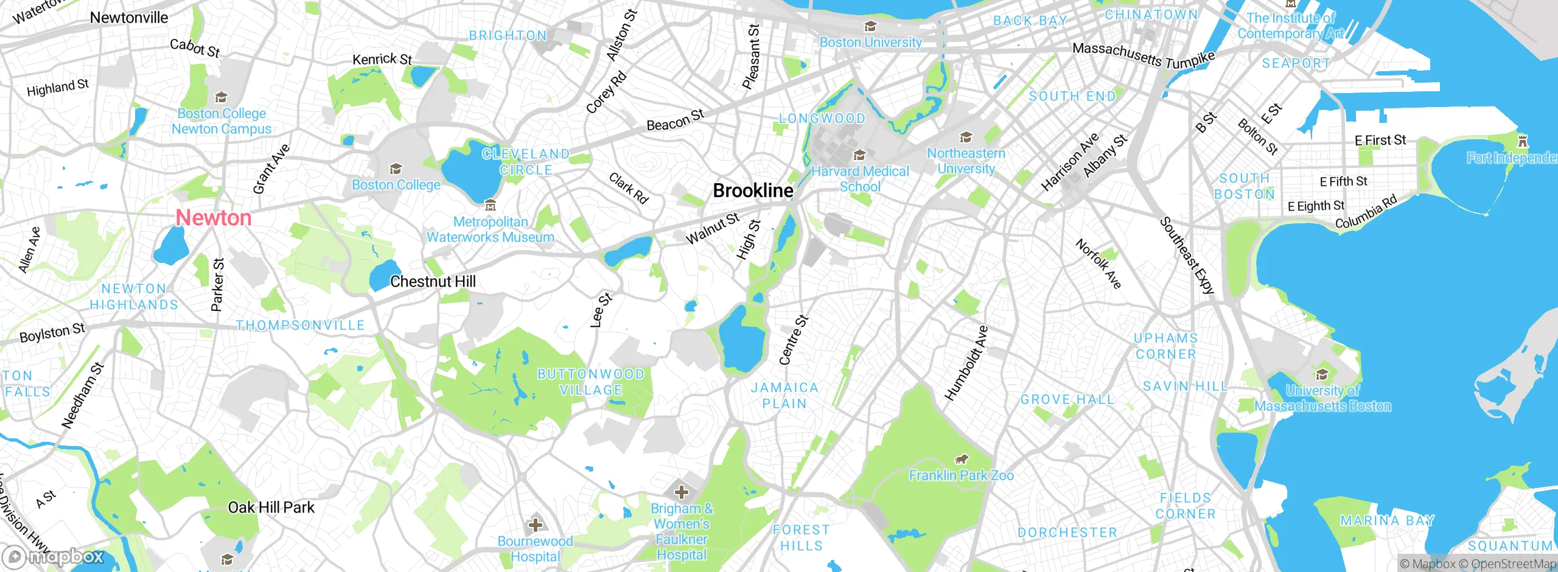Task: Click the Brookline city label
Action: [x=753, y=191]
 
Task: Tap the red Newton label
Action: [x=214, y=218]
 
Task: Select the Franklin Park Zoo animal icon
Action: [x=962, y=459]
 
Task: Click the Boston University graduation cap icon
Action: [x=870, y=27]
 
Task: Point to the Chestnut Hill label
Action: [x=433, y=282]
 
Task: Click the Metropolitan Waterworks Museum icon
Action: [x=491, y=206]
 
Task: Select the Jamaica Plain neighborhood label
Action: [x=784, y=396]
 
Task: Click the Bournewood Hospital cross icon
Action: [x=536, y=525]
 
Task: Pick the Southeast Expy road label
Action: [x=1187, y=256]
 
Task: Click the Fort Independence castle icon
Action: [x=1523, y=142]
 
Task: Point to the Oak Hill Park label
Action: [x=271, y=507]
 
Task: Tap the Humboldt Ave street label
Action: [x=966, y=363]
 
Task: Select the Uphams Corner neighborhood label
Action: [x=1165, y=346]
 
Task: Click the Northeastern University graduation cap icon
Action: [x=966, y=138]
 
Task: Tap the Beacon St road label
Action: [x=675, y=120]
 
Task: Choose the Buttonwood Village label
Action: [x=590, y=382]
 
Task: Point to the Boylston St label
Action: [x=52, y=333]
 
